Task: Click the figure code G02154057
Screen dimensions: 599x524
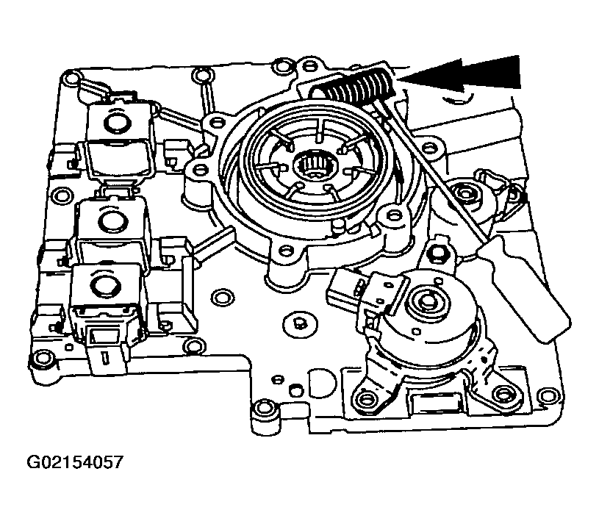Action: pyautogui.click(x=75, y=462)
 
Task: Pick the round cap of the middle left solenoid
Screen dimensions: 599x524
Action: pyautogui.click(x=111, y=220)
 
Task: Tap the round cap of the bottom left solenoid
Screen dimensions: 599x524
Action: pyautogui.click(x=104, y=284)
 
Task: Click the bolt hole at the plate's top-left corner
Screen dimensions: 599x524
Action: pyautogui.click(x=71, y=79)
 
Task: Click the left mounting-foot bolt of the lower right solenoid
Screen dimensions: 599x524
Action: pyautogui.click(x=366, y=399)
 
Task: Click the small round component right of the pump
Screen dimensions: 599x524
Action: pyautogui.click(x=465, y=193)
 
